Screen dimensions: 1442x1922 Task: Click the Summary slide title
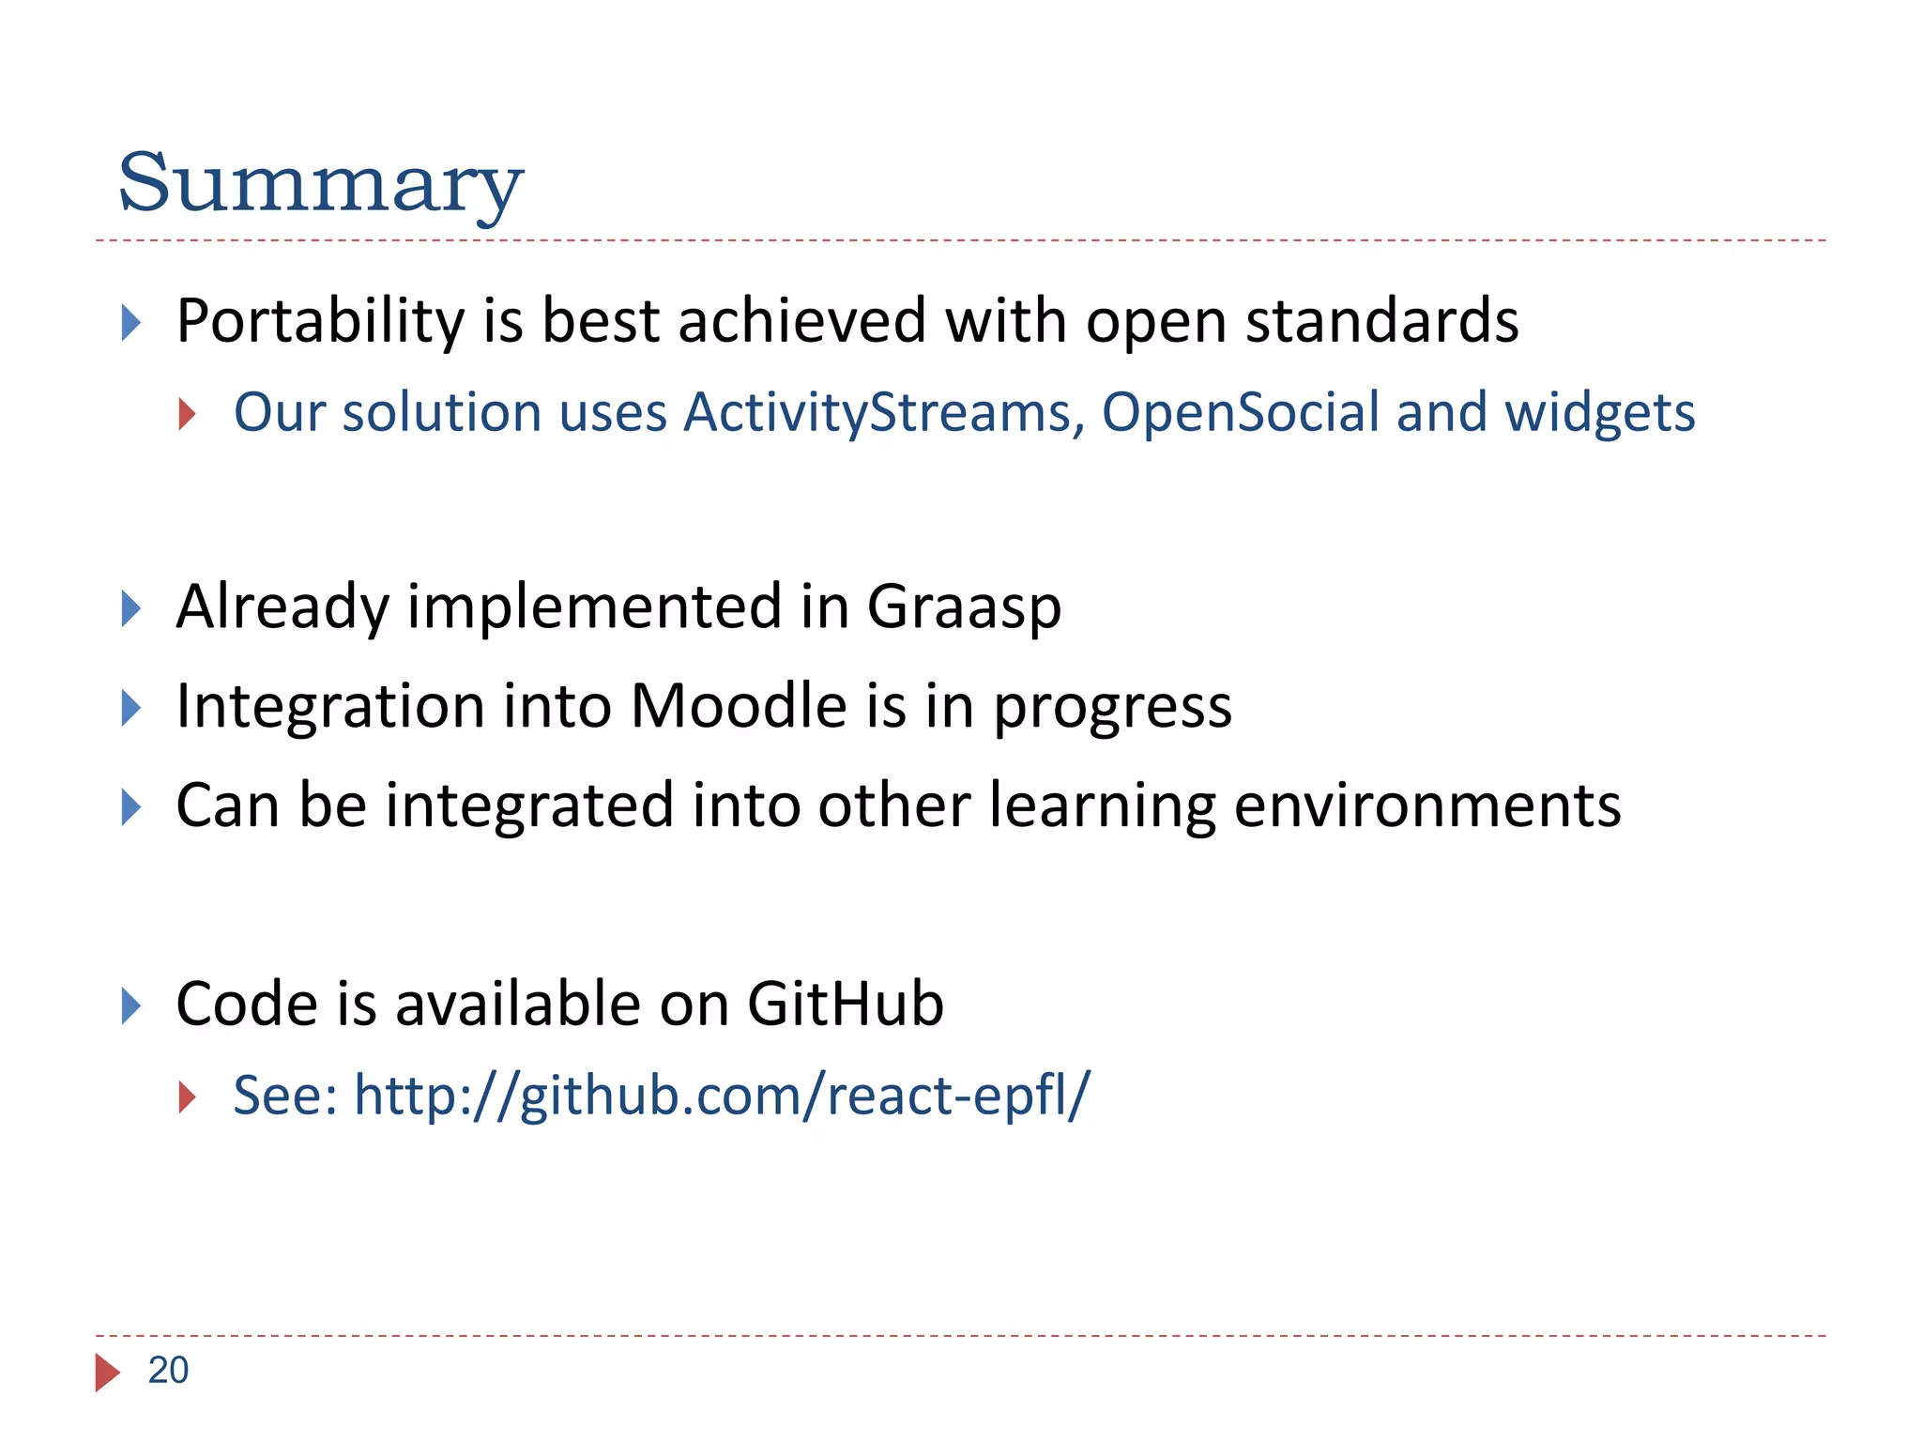coord(319,183)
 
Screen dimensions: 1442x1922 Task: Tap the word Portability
coord(320,322)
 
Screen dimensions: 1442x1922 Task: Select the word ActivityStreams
coord(883,413)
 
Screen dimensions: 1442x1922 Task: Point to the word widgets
coord(1599,413)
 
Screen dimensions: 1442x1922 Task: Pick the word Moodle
coord(739,706)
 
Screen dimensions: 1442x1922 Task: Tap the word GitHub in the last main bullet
coord(845,1005)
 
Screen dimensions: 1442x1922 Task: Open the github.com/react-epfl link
coord(721,1096)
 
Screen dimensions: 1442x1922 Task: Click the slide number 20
coord(168,1371)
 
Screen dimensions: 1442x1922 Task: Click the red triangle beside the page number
coord(107,1373)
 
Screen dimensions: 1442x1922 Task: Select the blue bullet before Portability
coord(131,323)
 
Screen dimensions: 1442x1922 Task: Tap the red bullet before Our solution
coord(187,414)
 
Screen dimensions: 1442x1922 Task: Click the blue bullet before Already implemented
coord(131,609)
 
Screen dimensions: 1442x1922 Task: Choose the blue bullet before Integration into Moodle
coord(131,708)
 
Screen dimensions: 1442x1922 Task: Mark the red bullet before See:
coord(187,1097)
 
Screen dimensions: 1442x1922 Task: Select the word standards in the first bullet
coord(1381,322)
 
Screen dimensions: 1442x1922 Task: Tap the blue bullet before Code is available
coord(131,1006)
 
